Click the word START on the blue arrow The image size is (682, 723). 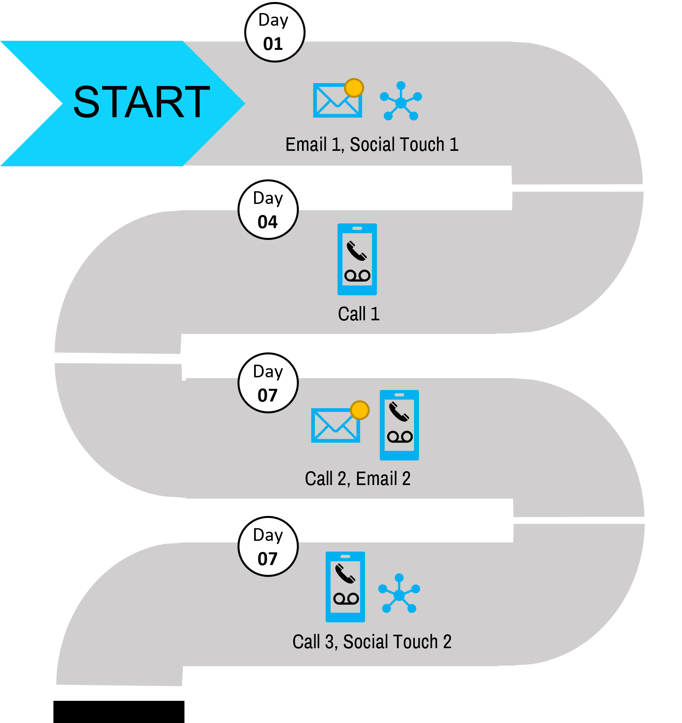[141, 102]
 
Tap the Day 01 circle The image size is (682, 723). [275, 32]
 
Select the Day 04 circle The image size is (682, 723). [268, 210]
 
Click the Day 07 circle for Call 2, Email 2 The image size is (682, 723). [268, 383]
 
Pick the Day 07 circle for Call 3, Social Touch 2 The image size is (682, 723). [268, 547]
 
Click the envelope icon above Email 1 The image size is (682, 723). [337, 101]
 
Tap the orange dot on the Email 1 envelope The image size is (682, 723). [354, 88]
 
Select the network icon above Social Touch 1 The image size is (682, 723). [401, 101]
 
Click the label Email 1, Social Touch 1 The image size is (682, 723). [372, 145]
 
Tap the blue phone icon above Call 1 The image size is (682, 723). [357, 259]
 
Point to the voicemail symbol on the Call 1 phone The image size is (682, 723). [357, 276]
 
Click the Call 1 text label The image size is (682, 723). [359, 314]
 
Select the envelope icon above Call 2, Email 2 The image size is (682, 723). [335, 426]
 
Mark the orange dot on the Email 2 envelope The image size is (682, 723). [360, 410]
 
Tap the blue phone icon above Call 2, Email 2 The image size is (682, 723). [399, 425]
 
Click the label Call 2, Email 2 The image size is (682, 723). [357, 479]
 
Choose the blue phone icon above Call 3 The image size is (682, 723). [345, 587]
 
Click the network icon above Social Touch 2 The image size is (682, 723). [399, 594]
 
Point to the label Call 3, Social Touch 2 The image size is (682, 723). [372, 642]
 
